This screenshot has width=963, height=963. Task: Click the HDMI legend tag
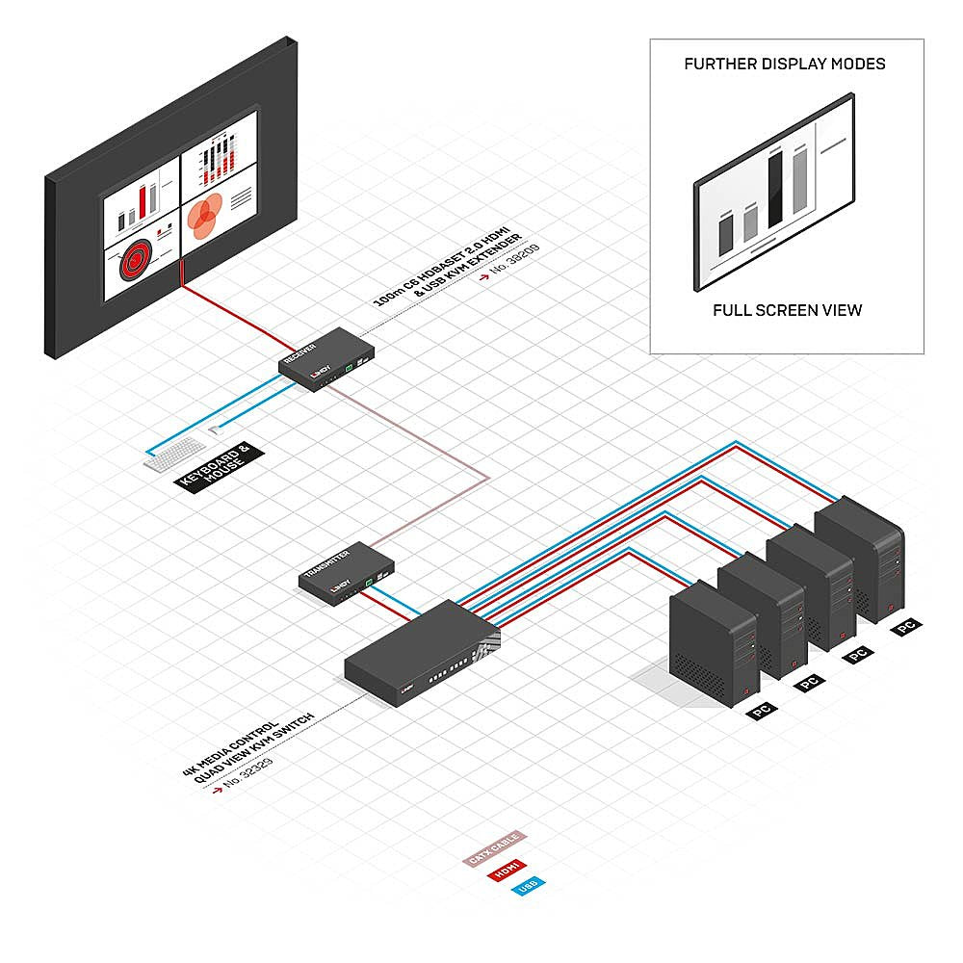point(505,870)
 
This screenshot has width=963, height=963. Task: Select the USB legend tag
point(528,886)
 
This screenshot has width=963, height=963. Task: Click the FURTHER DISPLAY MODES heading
point(785,65)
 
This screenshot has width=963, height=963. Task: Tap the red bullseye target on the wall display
point(137,260)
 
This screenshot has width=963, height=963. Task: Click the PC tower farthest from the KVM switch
point(860,559)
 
